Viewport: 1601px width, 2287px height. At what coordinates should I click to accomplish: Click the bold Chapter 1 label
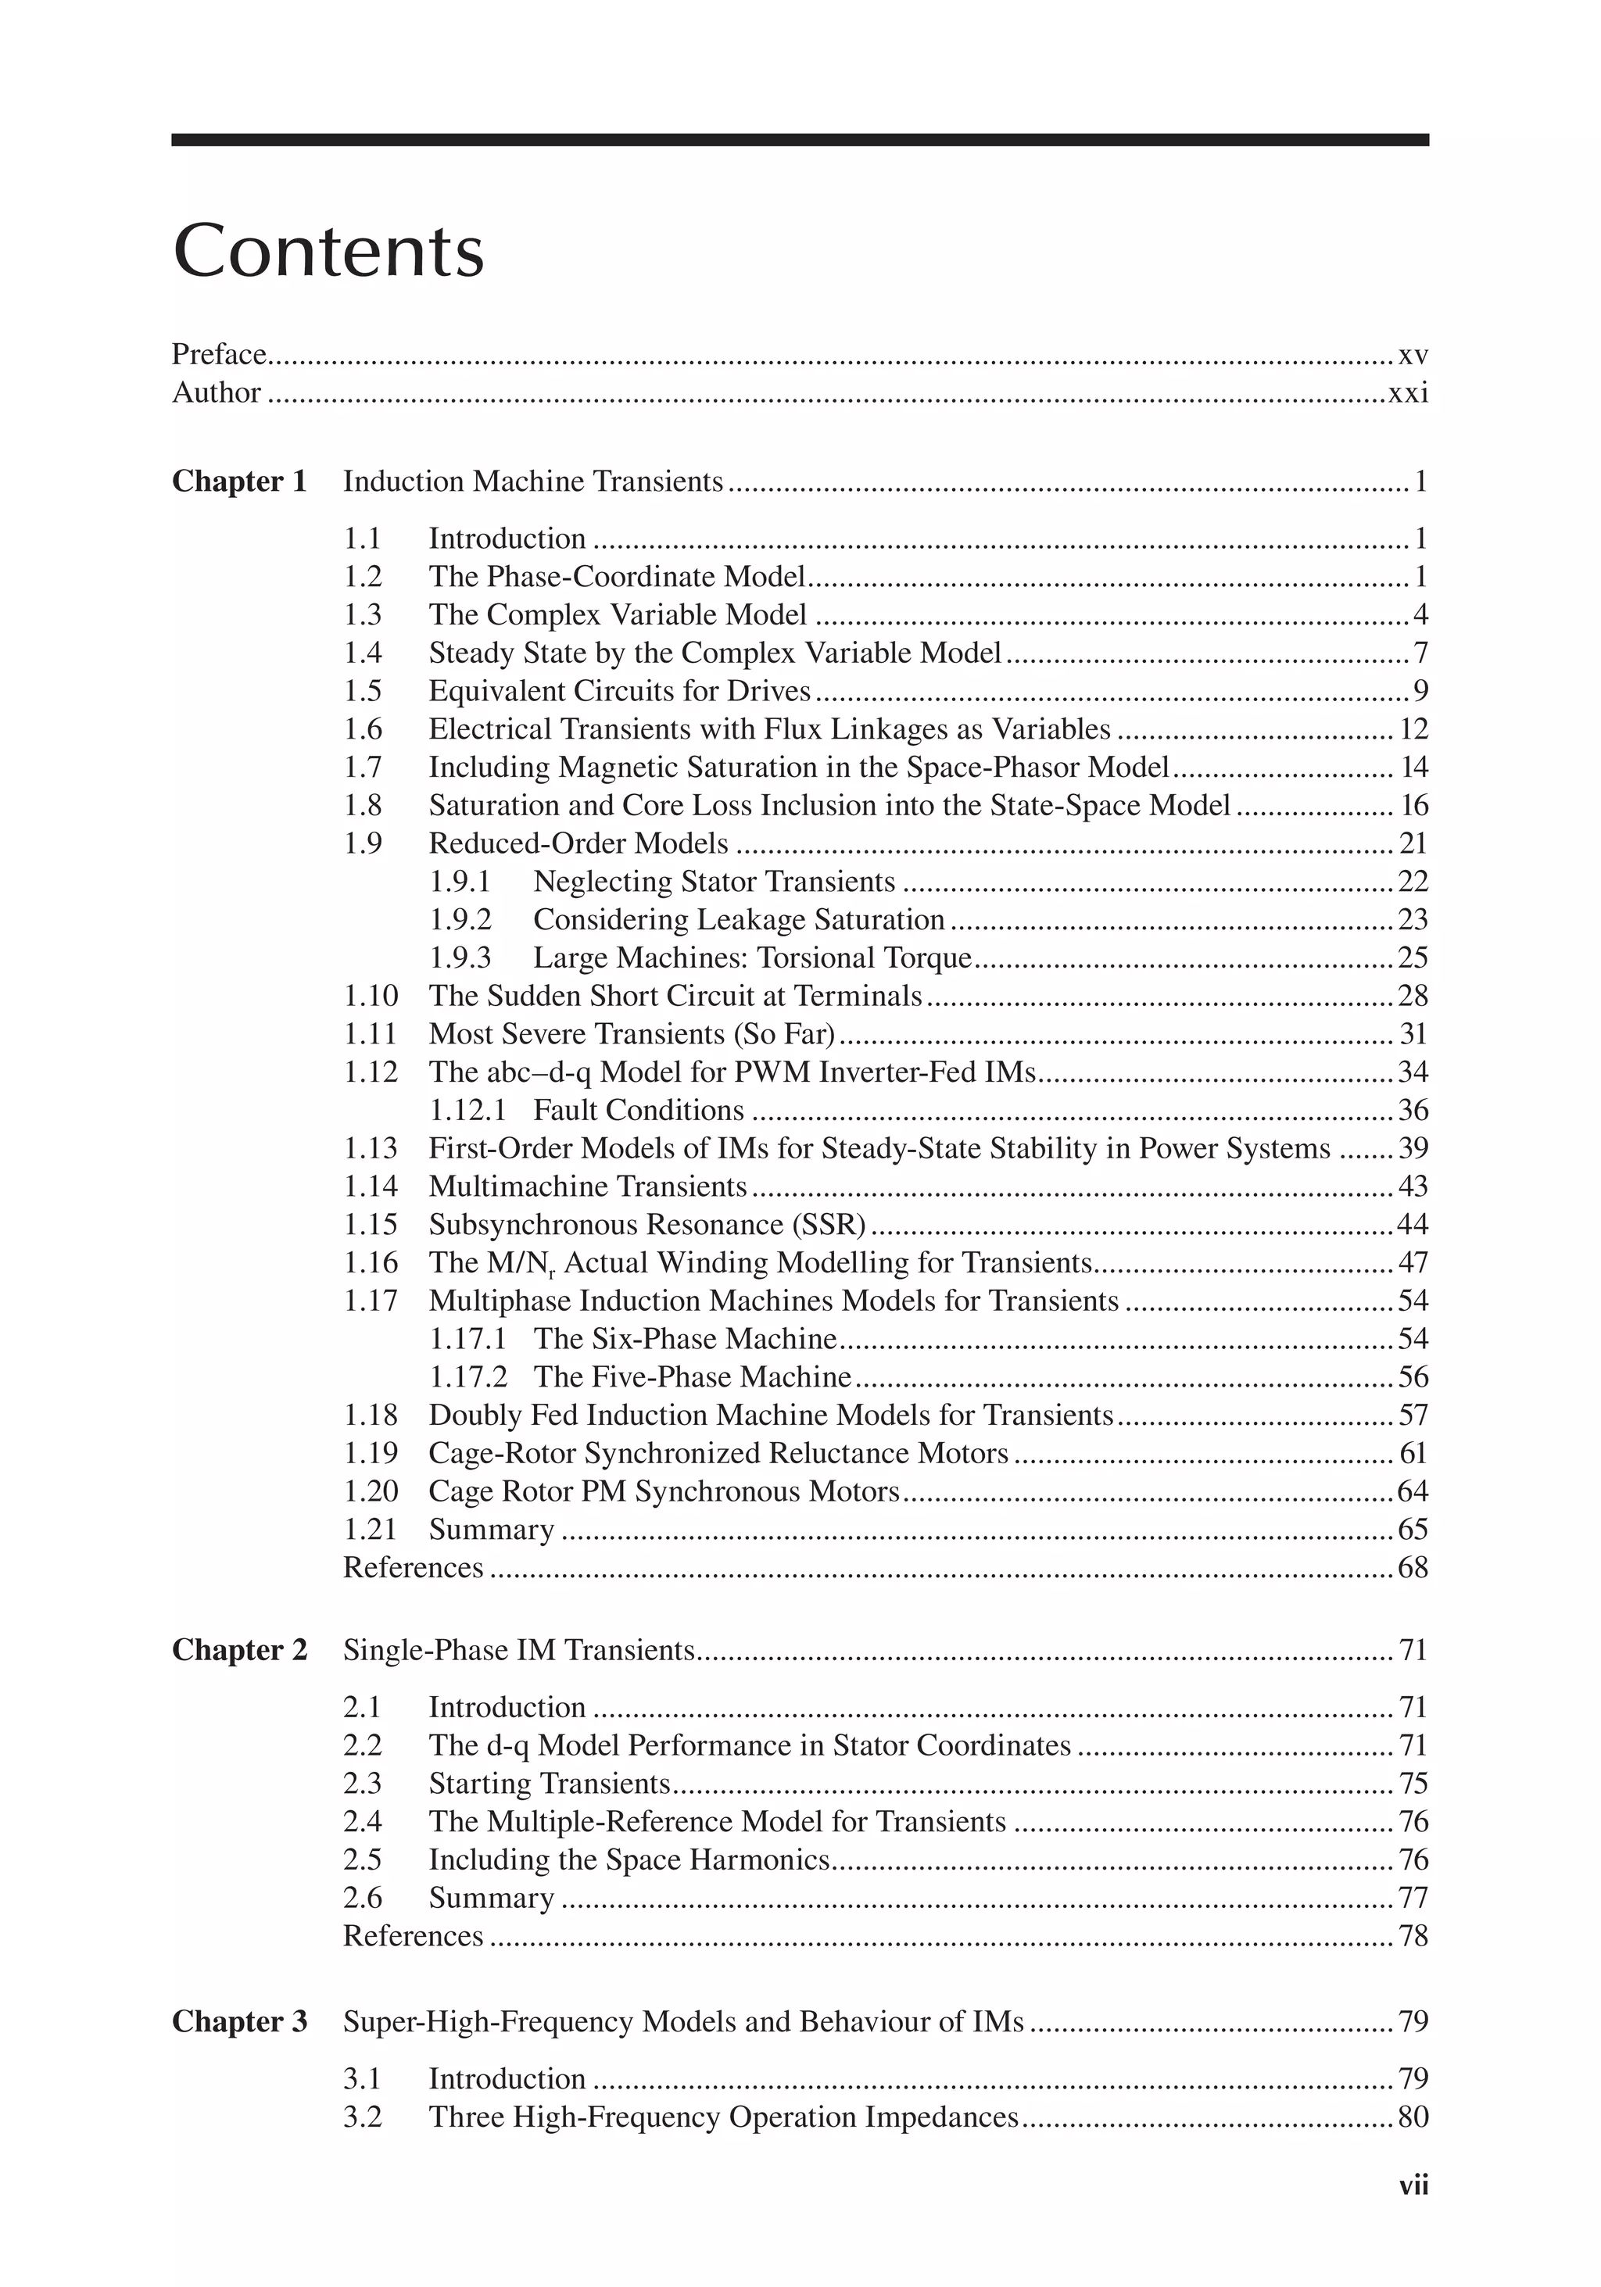(239, 481)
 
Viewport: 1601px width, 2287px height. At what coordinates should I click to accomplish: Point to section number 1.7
(363, 767)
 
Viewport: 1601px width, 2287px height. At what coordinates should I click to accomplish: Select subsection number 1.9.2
(460, 919)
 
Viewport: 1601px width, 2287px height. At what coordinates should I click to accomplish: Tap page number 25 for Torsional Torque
(1413, 957)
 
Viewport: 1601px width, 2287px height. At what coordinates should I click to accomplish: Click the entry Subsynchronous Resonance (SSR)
(646, 1224)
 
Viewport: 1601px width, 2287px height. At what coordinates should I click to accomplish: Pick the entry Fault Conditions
(638, 1110)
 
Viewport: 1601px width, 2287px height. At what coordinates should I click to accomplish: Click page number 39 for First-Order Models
(1413, 1148)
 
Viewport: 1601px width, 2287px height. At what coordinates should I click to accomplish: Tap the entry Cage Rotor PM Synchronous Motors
(664, 1491)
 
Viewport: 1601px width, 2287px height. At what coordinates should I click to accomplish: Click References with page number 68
(413, 1567)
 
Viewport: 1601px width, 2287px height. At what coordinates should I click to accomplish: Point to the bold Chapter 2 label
(239, 1651)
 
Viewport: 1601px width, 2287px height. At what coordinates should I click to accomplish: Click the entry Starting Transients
(549, 1783)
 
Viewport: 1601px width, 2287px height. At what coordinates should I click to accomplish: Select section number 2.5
(363, 1859)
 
